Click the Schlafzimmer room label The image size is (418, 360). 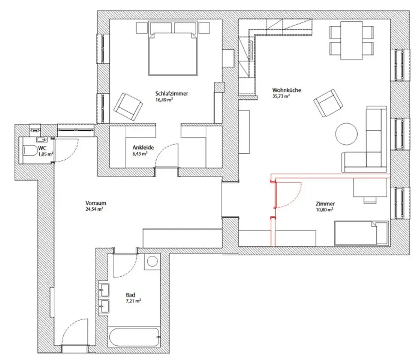(171, 94)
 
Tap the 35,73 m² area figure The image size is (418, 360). (281, 96)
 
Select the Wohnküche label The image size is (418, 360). (287, 90)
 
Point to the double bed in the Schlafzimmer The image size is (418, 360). (173, 54)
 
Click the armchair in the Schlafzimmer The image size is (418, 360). (128, 106)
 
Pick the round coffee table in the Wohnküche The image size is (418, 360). (347, 134)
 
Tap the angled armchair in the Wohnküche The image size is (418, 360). (328, 102)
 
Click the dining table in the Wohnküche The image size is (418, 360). (351, 40)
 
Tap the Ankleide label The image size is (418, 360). (143, 148)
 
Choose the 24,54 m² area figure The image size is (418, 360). (94, 209)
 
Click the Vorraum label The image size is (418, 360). (96, 203)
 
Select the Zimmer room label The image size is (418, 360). (325, 203)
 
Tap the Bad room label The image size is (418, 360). (131, 295)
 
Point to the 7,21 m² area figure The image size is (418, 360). (133, 301)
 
